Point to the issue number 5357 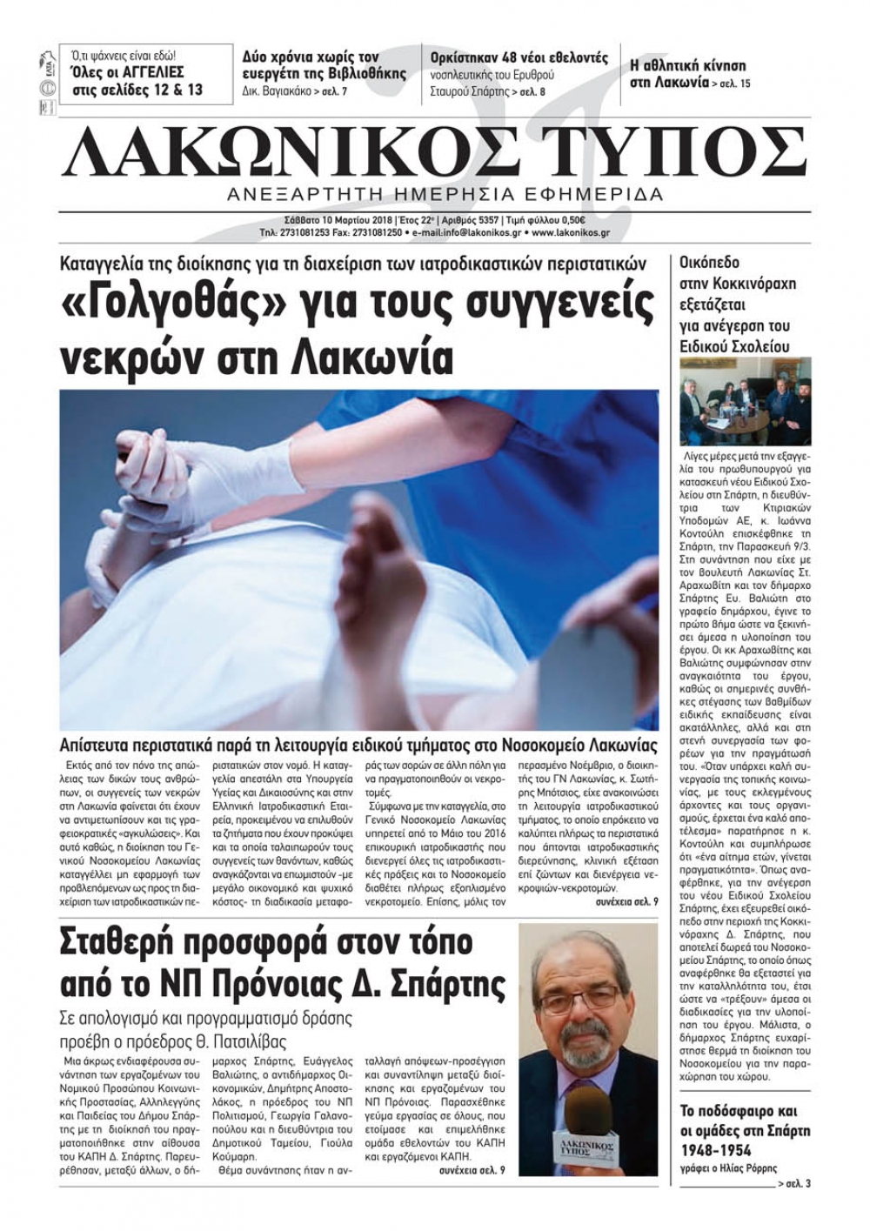(x=481, y=220)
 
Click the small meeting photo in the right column (x=733, y=401)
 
